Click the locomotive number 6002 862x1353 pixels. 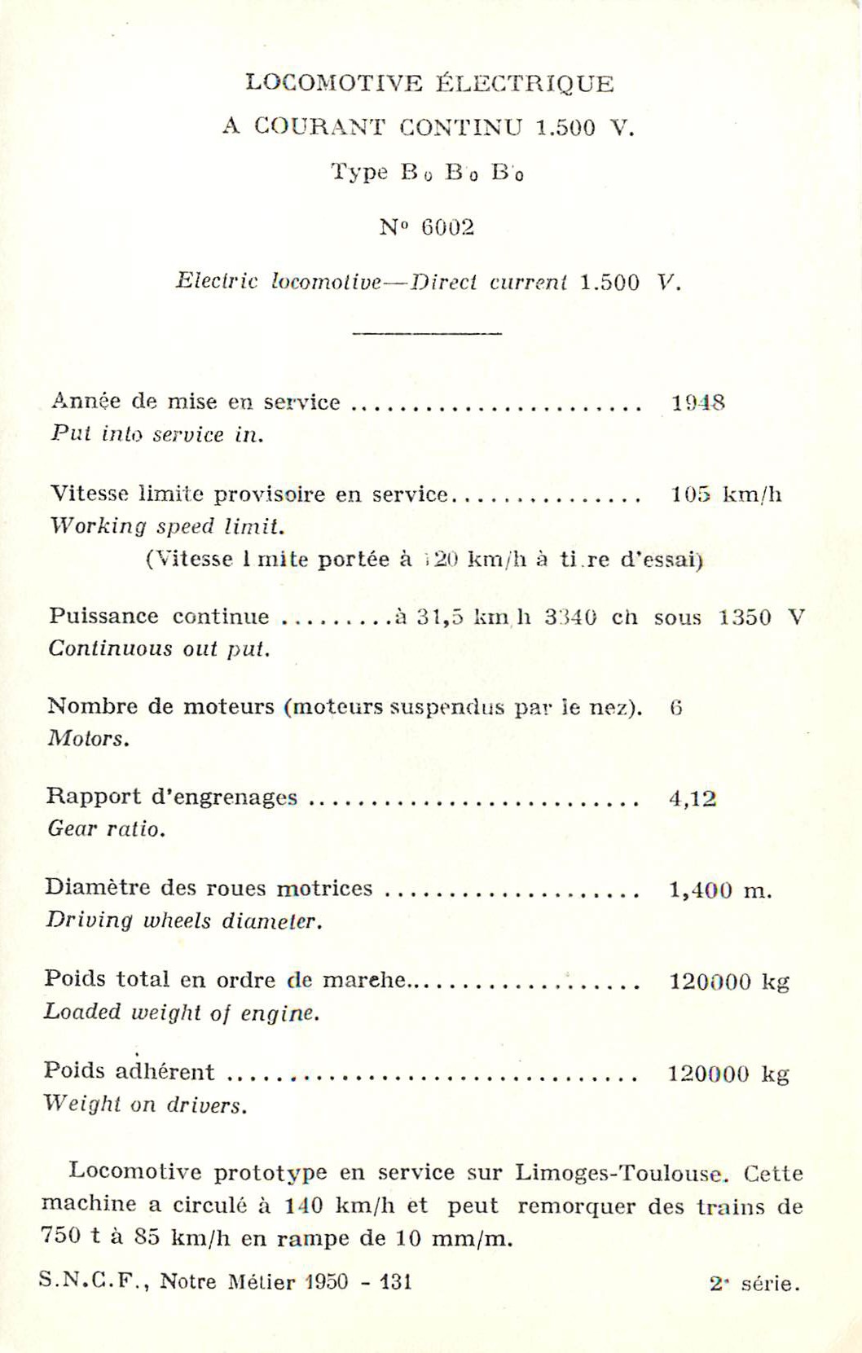[x=447, y=227]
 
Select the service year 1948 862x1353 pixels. [x=697, y=402]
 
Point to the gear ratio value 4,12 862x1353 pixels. [x=693, y=798]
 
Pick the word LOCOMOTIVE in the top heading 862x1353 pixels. [x=334, y=83]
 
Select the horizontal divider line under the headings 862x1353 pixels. [x=427, y=333]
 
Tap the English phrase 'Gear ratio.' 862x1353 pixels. [x=107, y=830]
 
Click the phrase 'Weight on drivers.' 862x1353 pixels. [x=145, y=1105]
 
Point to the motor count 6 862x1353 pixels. [x=675, y=708]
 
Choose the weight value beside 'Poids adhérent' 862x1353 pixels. [x=728, y=1074]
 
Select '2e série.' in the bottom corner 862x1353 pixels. [x=754, y=1285]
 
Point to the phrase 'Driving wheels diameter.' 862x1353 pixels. [x=184, y=921]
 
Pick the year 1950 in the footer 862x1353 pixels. [x=325, y=1281]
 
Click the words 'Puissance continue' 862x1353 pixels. [x=159, y=616]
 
